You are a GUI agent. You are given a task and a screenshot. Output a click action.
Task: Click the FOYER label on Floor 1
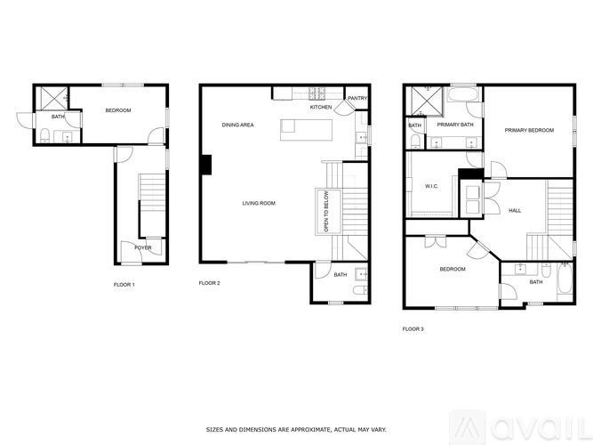[143, 247]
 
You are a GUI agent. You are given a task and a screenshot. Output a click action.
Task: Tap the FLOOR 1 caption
[123, 285]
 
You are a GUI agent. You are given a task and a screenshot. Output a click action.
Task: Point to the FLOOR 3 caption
[413, 329]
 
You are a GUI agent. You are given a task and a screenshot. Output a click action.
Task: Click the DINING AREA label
[237, 125]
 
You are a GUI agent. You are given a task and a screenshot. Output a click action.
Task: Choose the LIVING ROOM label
[259, 204]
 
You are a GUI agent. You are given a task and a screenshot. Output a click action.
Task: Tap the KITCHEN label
[321, 108]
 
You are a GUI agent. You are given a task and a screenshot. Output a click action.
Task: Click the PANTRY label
[357, 99]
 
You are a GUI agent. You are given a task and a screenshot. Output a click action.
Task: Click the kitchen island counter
[307, 129]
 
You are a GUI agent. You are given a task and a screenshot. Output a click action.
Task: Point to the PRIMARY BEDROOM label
[529, 131]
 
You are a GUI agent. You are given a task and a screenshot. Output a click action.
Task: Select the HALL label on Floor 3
[515, 211]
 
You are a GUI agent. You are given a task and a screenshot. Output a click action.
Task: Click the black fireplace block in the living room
[206, 165]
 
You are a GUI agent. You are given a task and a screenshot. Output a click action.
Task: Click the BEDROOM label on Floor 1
[118, 110]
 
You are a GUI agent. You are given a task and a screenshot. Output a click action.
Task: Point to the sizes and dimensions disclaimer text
[296, 429]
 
